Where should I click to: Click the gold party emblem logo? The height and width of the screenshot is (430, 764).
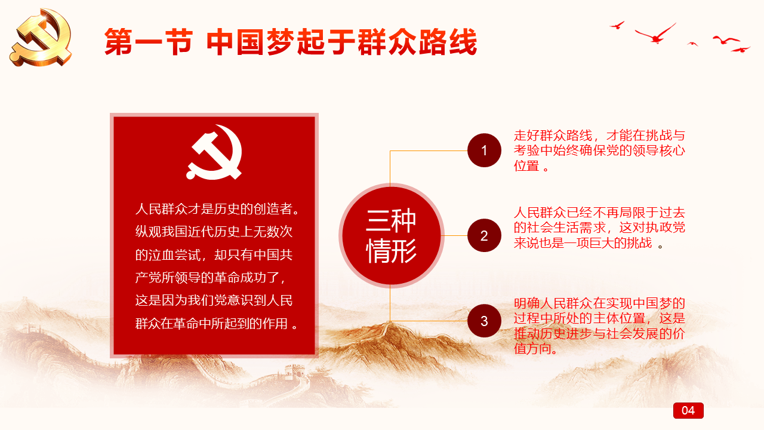(41, 37)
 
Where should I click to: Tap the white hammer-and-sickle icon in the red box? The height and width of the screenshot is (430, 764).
(214, 152)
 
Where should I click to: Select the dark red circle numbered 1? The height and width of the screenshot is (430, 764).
(484, 150)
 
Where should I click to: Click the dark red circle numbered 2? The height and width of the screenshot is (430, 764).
(484, 235)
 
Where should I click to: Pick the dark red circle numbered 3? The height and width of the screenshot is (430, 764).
(484, 321)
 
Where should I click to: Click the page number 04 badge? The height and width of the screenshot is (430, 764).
(688, 410)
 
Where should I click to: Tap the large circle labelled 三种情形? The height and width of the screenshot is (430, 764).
(391, 235)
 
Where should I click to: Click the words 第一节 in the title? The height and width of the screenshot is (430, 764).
(149, 42)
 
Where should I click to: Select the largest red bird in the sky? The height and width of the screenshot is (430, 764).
(655, 35)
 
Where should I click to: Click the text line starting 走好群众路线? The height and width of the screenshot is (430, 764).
(599, 136)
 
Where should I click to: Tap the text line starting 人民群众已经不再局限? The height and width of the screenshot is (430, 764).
(599, 213)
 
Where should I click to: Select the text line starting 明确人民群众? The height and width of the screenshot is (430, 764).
(599, 303)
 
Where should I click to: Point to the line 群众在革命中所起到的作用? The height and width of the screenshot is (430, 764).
(217, 324)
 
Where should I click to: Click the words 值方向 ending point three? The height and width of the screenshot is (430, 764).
(535, 349)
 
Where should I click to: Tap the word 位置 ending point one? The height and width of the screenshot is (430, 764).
(526, 166)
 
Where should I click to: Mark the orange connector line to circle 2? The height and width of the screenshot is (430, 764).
(455, 235)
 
